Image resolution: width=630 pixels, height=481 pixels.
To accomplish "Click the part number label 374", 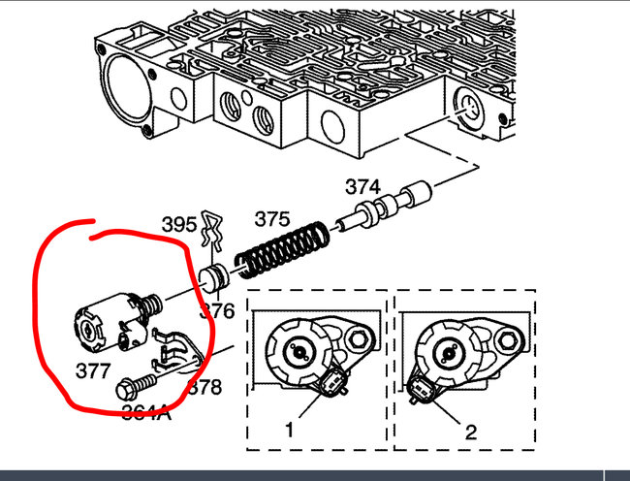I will point(362,188).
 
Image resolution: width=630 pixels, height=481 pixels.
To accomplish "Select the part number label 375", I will point(272,219).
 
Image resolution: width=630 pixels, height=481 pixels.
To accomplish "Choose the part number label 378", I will point(203,388).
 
